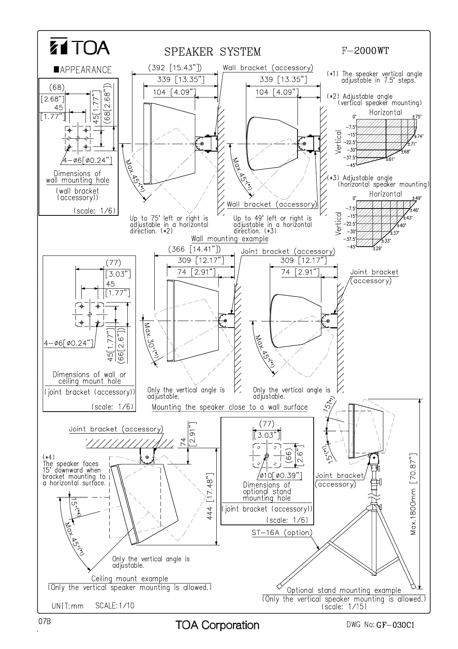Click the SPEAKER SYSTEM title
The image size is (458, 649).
[212, 52]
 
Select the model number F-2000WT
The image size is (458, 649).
[365, 50]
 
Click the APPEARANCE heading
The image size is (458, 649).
[83, 70]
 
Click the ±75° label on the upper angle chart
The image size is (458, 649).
[417, 116]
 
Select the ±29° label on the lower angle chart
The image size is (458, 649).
[377, 249]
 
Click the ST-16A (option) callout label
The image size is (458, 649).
[282, 533]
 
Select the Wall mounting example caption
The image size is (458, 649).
[230, 239]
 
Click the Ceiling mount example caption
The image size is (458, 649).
[130, 578]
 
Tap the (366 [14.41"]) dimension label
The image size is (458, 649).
[194, 249]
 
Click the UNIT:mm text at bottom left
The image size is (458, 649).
[67, 606]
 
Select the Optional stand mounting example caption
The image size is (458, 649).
[344, 590]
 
